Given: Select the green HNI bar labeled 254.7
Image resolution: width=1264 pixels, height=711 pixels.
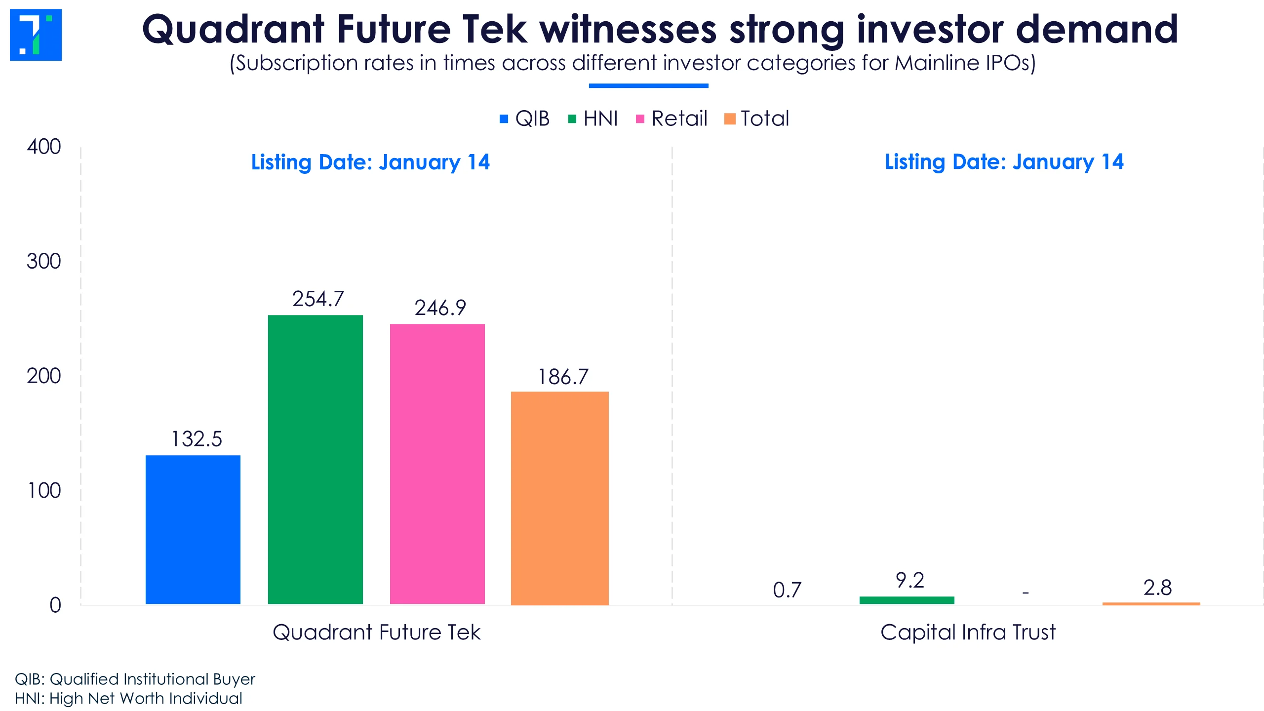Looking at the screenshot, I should click(x=315, y=459).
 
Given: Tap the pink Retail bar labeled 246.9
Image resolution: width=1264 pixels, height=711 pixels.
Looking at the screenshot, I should click(x=437, y=464).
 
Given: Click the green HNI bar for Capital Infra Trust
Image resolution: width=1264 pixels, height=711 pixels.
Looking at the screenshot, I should click(x=907, y=600).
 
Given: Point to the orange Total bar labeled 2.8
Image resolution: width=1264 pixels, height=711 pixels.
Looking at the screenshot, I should click(x=1151, y=603).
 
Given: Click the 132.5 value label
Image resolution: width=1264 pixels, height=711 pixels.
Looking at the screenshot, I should click(x=197, y=439).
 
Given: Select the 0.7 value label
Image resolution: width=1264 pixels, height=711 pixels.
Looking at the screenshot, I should click(x=787, y=590).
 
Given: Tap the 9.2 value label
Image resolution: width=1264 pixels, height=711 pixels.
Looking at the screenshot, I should click(x=909, y=580).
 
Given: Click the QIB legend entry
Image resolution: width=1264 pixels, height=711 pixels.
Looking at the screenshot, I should click(x=525, y=118).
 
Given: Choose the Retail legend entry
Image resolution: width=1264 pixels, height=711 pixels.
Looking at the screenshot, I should click(x=671, y=118).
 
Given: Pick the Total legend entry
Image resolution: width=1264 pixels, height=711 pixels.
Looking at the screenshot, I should click(x=757, y=118).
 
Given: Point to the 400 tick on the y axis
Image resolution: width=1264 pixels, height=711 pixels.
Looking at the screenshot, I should click(x=44, y=147).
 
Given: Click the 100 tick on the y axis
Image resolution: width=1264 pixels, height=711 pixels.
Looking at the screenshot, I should click(x=44, y=490).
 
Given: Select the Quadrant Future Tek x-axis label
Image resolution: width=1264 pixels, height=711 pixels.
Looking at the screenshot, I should click(x=376, y=632).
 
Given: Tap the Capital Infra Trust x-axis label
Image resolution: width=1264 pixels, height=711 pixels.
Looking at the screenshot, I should click(x=968, y=632).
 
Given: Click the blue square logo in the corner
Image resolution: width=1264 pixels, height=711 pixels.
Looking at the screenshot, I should click(x=36, y=35).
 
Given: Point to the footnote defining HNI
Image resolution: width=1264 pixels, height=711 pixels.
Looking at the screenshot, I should click(x=128, y=698).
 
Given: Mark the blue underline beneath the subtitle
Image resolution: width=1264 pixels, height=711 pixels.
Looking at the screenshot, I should click(x=648, y=86).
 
